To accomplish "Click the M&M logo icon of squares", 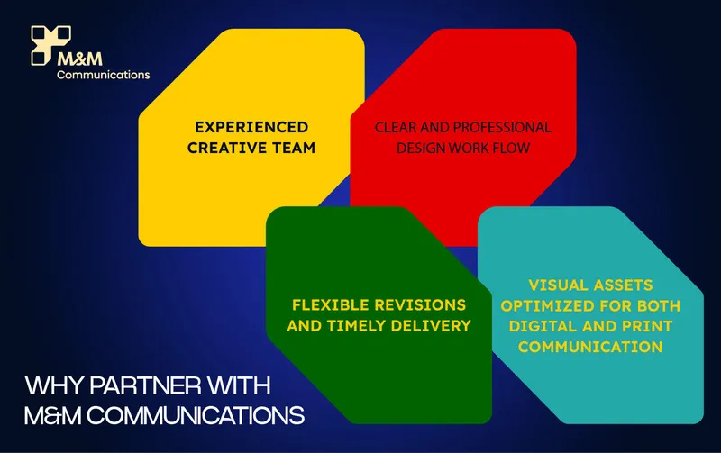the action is click(x=50, y=44).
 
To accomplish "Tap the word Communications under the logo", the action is click(x=104, y=75).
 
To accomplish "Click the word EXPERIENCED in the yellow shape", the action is click(x=251, y=127).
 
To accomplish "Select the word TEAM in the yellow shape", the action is click(x=294, y=148).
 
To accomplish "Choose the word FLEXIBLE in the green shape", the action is click(x=331, y=304).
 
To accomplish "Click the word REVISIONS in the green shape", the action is click(x=420, y=304).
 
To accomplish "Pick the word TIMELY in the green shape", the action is click(x=356, y=326).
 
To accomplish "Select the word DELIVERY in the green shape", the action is click(x=431, y=326).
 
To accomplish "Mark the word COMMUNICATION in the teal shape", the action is click(x=590, y=347).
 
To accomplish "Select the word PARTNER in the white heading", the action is click(x=146, y=385).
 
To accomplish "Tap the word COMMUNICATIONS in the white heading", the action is click(x=196, y=416).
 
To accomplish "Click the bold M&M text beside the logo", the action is click(x=80, y=59).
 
